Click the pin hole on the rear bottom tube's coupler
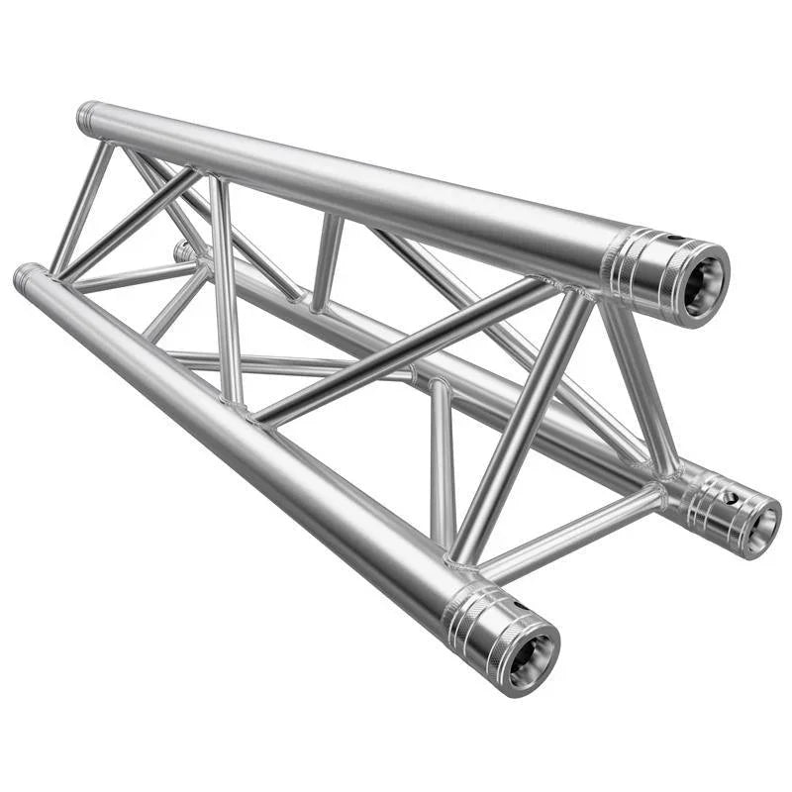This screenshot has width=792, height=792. point(732,495)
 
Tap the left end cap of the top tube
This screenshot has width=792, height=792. point(87,117)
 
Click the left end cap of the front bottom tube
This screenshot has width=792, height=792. point(27,277)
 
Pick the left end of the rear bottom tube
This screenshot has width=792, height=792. point(184,251)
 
